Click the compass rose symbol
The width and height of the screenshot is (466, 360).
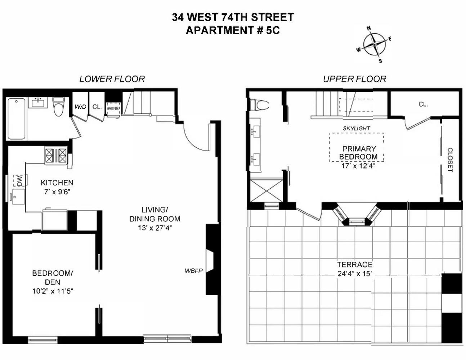[375, 44]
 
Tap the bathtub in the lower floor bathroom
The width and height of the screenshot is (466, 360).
[17, 118]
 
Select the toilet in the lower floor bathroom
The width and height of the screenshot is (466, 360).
[58, 107]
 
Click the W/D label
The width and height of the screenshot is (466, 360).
[80, 107]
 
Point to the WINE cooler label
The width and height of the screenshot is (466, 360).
[113, 108]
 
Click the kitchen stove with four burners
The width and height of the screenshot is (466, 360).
[56, 156]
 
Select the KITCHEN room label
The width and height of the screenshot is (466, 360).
[57, 183]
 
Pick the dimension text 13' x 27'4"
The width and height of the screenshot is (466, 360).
[155, 228]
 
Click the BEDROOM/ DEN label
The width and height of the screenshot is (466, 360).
[53, 278]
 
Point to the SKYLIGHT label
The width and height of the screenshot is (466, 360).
[356, 128]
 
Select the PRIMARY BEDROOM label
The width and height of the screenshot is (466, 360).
[359, 153]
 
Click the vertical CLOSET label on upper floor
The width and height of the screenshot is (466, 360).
[450, 160]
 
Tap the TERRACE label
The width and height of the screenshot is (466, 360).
[354, 265]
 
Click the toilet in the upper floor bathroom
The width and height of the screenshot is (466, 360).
[260, 105]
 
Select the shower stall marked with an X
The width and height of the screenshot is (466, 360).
[266, 190]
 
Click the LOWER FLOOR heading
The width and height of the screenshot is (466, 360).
[112, 79]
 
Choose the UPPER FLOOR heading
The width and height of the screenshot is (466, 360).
[354, 79]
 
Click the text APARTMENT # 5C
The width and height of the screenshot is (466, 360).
[233, 31]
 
